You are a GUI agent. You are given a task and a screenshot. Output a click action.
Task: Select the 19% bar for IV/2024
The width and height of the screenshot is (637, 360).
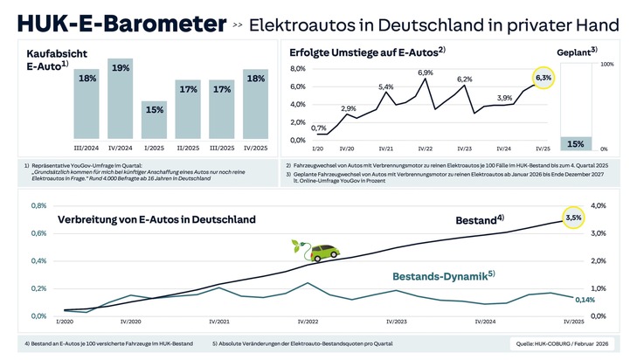coord(121,96)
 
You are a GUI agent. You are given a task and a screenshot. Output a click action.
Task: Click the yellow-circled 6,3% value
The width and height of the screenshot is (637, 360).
coord(544,79)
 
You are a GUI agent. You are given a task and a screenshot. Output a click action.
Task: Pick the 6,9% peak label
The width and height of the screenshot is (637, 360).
coord(426,73)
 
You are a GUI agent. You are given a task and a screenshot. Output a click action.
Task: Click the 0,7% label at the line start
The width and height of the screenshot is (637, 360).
coord(319,128)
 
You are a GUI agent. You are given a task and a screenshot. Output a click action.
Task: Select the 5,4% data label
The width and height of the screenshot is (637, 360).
coord(386,87)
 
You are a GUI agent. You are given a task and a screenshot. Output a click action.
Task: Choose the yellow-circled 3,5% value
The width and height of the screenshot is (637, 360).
coord(573,217)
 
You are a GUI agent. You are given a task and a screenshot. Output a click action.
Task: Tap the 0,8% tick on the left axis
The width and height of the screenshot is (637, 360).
coord(38,206)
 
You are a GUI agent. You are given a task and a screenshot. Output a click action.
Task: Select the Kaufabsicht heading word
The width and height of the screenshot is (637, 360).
coord(56,54)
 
